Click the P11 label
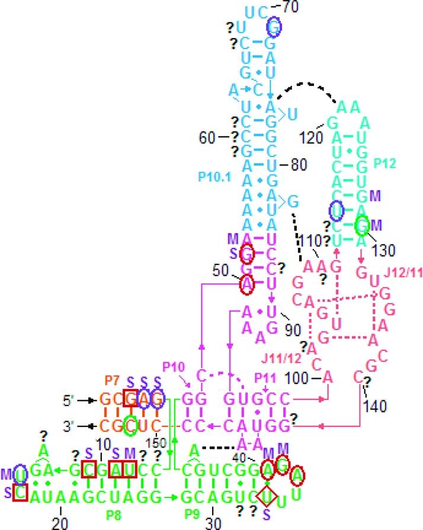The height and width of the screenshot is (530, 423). (262, 378)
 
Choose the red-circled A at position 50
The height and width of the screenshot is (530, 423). (247, 286)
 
